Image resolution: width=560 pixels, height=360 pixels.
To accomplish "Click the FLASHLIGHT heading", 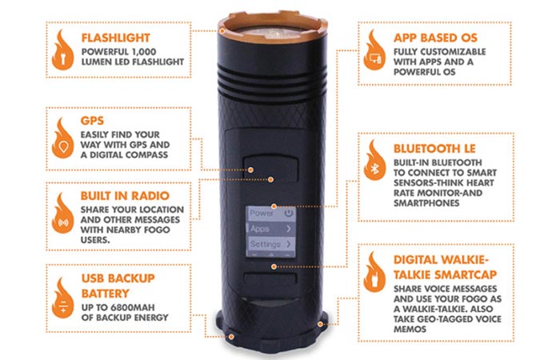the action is coord(115,38).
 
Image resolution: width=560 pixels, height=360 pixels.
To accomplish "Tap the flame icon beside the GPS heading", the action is coord(63,138).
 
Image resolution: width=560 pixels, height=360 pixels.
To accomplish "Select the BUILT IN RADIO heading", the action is coord(125,196).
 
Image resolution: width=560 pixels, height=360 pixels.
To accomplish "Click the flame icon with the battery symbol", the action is coord(63,298).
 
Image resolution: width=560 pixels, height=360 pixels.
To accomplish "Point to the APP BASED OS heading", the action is coord(435,38).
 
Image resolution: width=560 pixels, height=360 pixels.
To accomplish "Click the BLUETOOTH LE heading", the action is coord(434,149).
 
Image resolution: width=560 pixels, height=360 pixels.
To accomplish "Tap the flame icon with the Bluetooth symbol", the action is coord(374,160).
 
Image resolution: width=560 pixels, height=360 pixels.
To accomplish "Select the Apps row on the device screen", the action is coord(270,229).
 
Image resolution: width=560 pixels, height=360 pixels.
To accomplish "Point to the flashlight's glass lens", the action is coord(273,32).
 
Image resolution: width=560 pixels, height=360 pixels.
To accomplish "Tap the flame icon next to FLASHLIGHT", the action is coord(63,50).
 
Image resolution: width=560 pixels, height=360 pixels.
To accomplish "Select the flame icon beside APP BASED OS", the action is coord(374,50).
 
